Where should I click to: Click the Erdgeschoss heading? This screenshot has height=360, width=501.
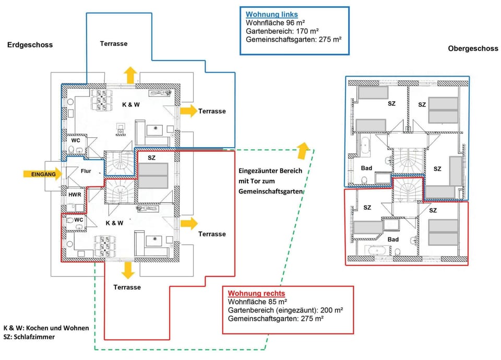[30, 45]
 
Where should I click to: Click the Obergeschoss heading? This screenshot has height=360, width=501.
[470, 49]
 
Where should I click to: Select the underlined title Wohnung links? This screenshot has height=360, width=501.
[271, 14]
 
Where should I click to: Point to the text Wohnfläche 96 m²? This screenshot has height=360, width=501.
[275, 23]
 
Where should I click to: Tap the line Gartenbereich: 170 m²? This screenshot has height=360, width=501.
[282, 31]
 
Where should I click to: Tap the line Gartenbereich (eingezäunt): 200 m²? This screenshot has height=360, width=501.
[285, 310]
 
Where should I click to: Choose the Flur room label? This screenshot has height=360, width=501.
[86, 171]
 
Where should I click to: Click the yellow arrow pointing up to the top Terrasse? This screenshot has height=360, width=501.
[129, 75]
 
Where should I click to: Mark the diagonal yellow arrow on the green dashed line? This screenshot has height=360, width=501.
[302, 150]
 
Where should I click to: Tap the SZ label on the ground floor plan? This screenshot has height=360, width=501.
[152, 157]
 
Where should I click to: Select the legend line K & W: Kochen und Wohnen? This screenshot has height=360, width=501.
[46, 328]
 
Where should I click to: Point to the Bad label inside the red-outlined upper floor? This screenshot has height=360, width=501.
[393, 239]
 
